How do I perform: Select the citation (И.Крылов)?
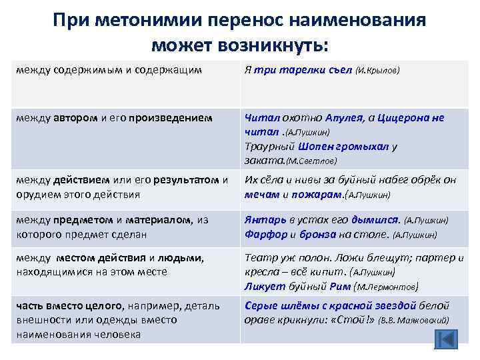click(x=378, y=71)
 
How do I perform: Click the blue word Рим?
click(x=341, y=286)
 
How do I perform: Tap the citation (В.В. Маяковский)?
click(x=414, y=320)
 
